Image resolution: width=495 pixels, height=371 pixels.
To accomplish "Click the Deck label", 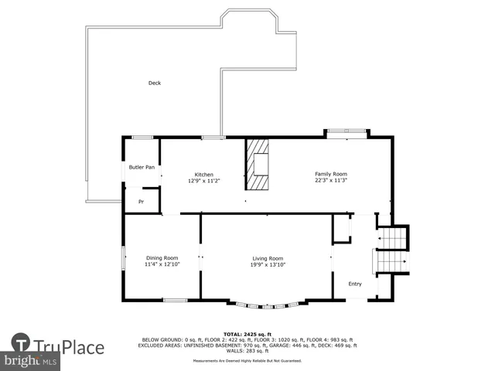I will pyautogui.click(x=155, y=83).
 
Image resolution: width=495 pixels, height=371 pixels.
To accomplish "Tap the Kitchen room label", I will pyautogui.click(x=203, y=175).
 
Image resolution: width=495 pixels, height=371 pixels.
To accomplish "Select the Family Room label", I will pyautogui.click(x=330, y=174).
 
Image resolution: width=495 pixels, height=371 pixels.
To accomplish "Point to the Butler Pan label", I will pyautogui.click(x=142, y=167).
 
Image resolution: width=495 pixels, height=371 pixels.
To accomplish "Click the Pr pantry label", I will pyautogui.click(x=141, y=202).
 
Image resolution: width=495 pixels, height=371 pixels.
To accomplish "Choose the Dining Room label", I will pyautogui.click(x=162, y=258).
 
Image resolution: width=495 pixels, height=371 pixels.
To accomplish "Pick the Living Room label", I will pyautogui.click(x=268, y=258).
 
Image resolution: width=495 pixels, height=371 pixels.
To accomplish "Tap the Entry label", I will pyautogui.click(x=355, y=284).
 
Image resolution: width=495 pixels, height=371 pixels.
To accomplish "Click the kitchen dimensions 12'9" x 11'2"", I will pyautogui.click(x=203, y=181).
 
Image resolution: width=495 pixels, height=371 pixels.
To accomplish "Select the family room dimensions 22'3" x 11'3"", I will pyautogui.click(x=330, y=180).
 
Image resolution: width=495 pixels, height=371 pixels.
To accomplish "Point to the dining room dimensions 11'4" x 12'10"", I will pyautogui.click(x=162, y=264).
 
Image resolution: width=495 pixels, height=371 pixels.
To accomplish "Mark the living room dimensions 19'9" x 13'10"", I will pyautogui.click(x=268, y=264).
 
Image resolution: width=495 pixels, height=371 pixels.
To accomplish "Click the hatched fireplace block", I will pyautogui.click(x=257, y=164).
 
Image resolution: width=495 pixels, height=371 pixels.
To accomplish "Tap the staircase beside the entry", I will pyautogui.click(x=391, y=251).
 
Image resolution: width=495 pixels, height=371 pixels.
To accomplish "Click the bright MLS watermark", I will pyautogui.click(x=31, y=360).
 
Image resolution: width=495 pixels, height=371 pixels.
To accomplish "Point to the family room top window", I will pyautogui.click(x=346, y=134).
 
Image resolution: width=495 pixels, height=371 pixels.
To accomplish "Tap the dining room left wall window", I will pyautogui.click(x=122, y=258).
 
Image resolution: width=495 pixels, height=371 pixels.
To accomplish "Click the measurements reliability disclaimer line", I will pyautogui.click(x=247, y=360).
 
